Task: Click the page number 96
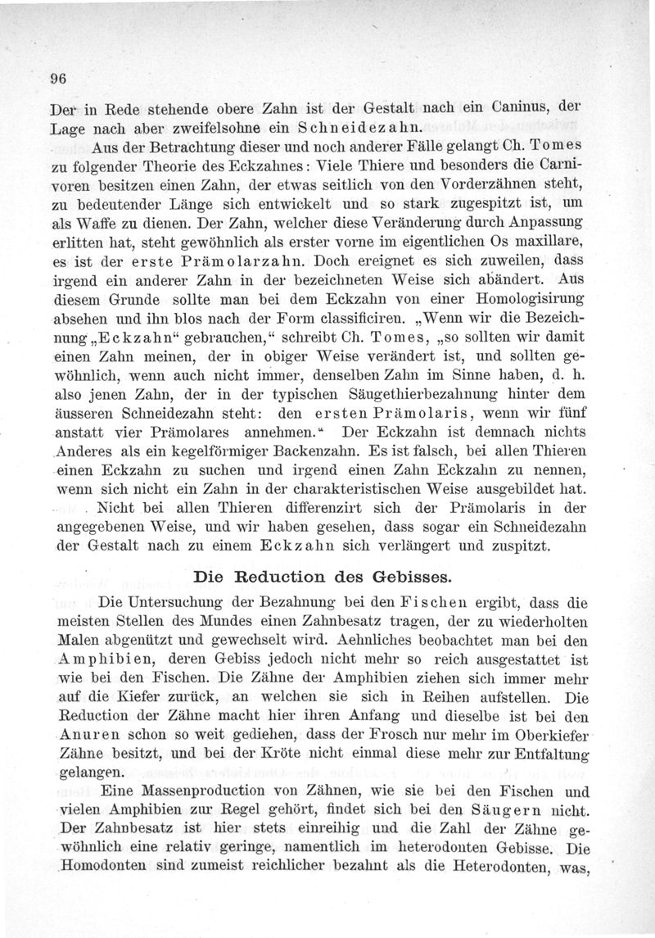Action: pyautogui.click(x=57, y=79)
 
